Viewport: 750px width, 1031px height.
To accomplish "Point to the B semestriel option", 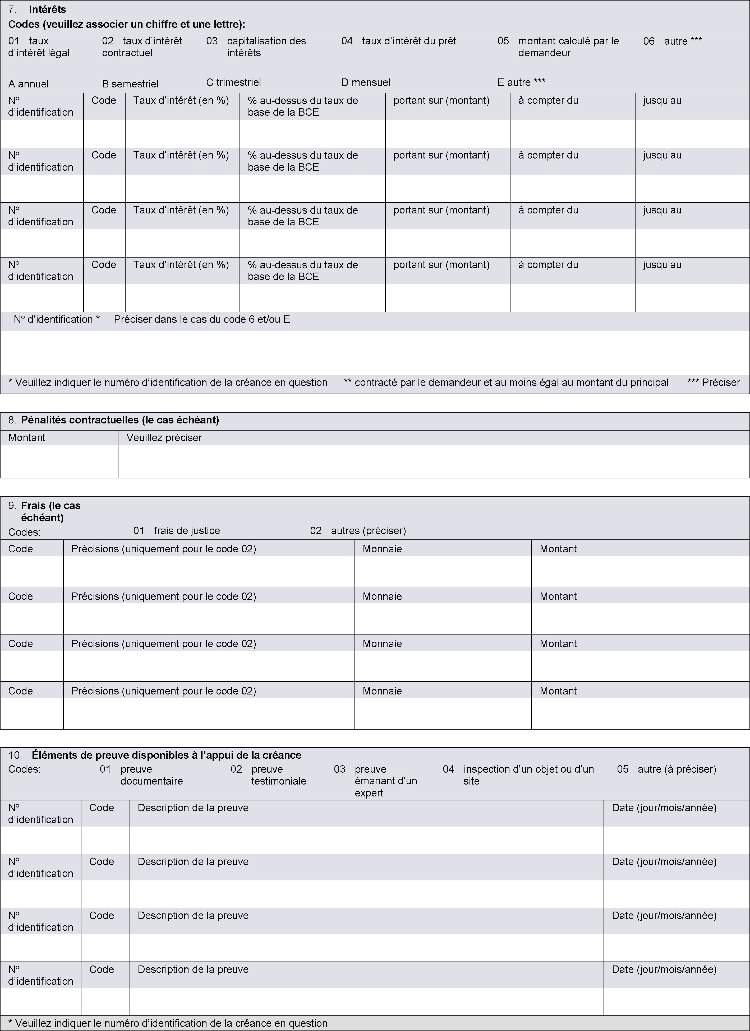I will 130,84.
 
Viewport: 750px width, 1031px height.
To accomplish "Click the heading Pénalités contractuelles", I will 120,420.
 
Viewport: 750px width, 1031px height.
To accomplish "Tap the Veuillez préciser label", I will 164,438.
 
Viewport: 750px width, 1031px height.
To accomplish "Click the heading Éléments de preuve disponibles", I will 167,755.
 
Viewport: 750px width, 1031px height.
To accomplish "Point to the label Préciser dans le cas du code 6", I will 201,320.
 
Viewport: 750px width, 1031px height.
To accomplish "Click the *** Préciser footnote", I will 713,383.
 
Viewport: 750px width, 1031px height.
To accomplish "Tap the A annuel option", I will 28,84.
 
